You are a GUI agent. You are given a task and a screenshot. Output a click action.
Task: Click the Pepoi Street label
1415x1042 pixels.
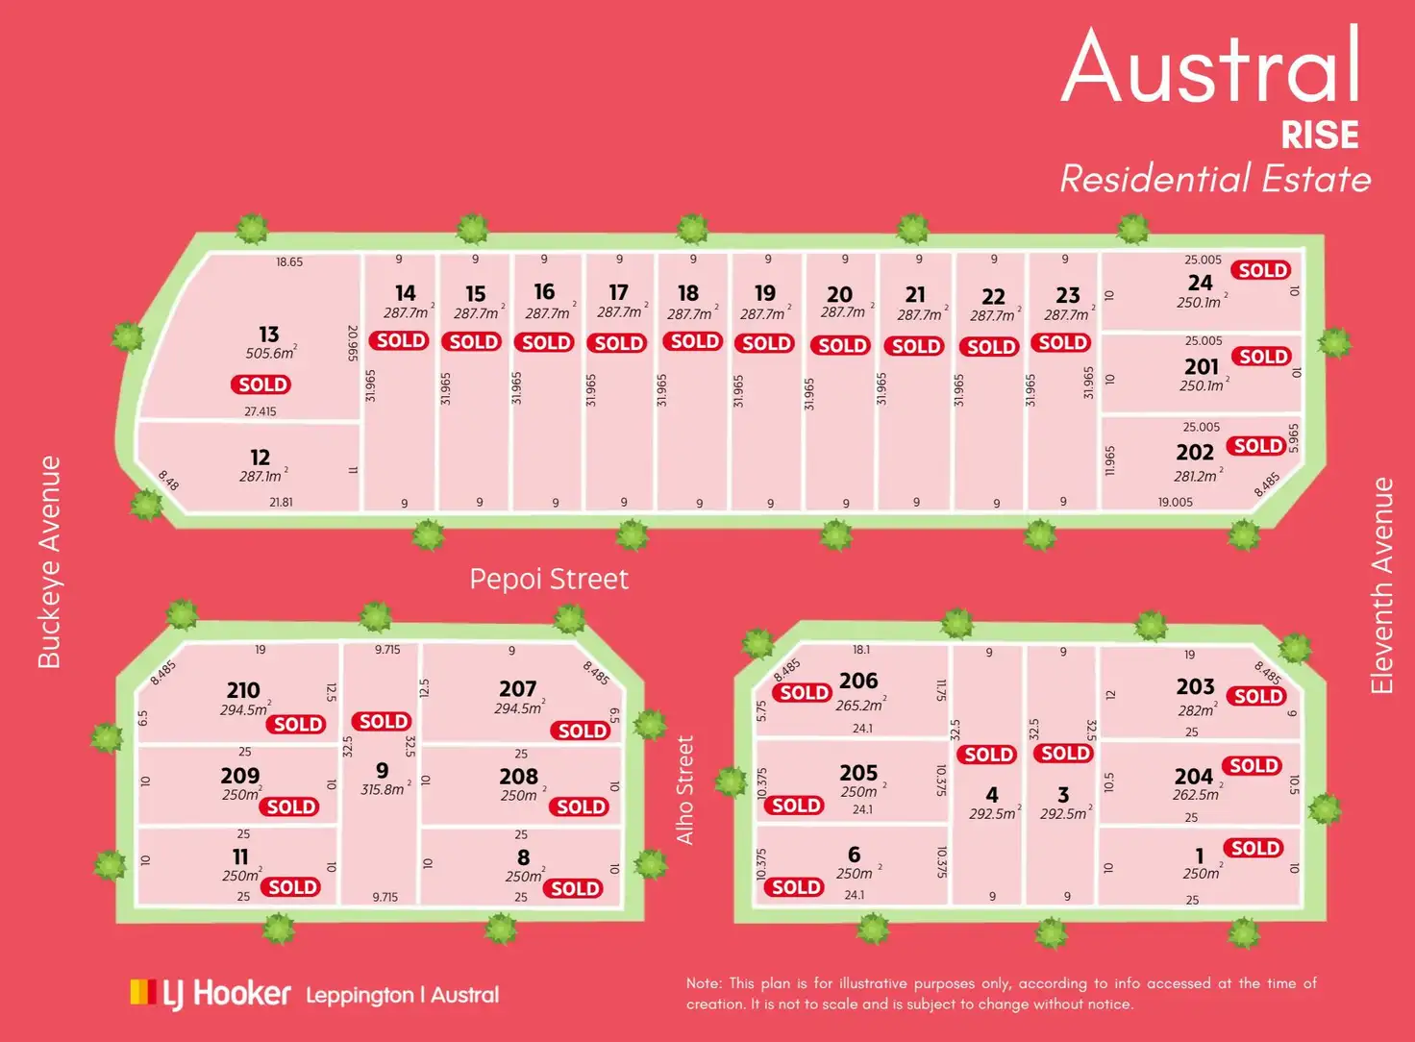tap(549, 579)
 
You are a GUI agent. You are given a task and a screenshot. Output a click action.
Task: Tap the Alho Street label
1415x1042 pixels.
tap(684, 790)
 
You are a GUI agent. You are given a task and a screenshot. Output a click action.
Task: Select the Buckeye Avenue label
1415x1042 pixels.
tap(49, 562)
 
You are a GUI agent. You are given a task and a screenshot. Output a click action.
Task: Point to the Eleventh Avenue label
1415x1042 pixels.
tap(1381, 585)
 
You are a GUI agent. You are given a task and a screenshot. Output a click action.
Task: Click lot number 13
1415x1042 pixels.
tap(268, 334)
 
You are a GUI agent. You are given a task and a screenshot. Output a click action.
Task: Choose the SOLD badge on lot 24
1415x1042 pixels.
tap(1262, 270)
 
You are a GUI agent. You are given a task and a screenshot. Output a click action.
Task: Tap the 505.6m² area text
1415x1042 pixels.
tap(270, 353)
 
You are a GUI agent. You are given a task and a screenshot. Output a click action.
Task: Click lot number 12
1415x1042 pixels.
tap(260, 458)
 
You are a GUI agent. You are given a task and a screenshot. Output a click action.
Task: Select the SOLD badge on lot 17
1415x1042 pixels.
tap(618, 343)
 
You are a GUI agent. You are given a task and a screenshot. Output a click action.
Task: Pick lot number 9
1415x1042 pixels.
tap(382, 770)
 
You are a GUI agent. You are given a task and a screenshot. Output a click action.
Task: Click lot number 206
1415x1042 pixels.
tap(858, 681)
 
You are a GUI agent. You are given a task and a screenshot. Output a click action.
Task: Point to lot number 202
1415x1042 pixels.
tap(1195, 452)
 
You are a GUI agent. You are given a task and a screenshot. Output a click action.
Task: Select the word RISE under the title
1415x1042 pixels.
tap(1319, 136)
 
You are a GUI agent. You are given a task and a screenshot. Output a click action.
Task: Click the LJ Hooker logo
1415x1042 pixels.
tap(211, 994)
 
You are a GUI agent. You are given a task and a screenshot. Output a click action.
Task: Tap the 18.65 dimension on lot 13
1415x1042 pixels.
tap(289, 261)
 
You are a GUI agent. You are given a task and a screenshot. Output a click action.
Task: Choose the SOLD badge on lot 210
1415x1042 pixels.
tap(298, 724)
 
